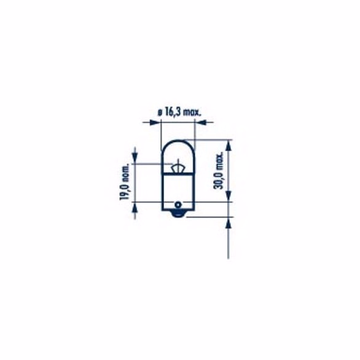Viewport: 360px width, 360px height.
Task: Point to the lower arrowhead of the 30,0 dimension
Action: click(x=229, y=196)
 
